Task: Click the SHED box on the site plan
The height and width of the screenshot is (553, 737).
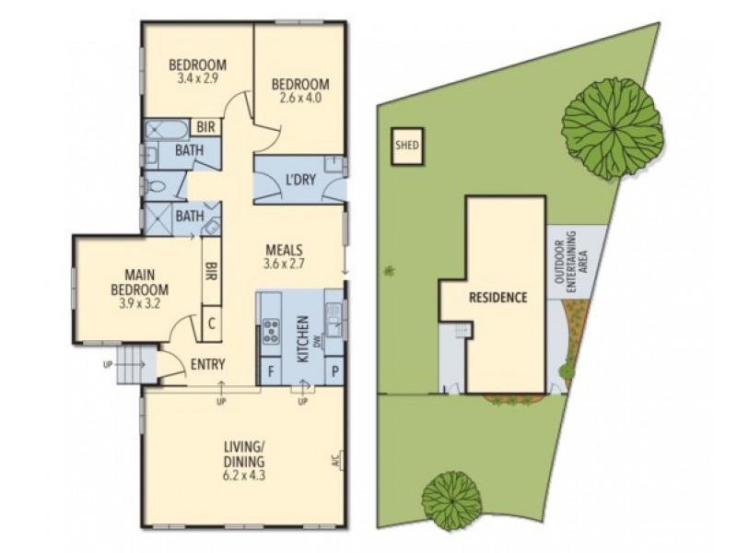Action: (x=406, y=146)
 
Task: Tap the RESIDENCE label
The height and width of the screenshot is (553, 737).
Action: (x=497, y=298)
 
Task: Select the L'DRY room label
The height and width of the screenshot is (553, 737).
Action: (x=300, y=179)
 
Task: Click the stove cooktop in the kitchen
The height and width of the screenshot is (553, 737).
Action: (x=272, y=331)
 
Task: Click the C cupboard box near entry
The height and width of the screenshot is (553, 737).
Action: (x=211, y=324)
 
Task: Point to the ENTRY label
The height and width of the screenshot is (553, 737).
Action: (x=208, y=365)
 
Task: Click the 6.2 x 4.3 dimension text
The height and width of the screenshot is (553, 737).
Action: (x=244, y=477)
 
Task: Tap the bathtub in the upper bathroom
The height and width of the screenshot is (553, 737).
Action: (x=167, y=128)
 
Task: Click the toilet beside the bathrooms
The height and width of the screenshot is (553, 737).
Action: (x=157, y=186)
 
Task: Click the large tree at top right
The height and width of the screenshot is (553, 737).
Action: (x=612, y=124)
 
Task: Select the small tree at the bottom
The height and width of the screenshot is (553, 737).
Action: (x=452, y=500)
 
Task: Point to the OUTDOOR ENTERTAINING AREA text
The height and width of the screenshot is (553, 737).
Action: (x=576, y=263)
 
